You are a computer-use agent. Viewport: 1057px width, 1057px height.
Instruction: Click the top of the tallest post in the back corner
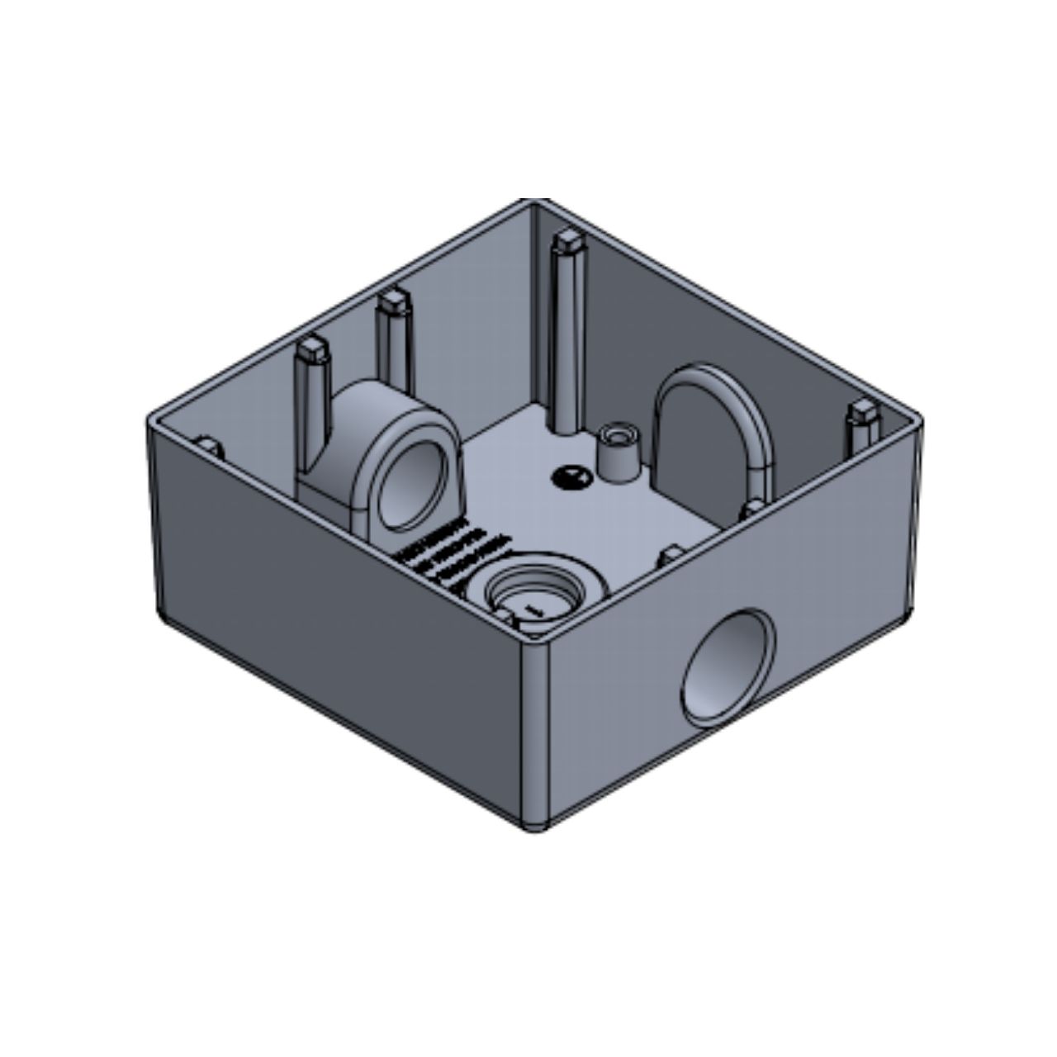(566, 242)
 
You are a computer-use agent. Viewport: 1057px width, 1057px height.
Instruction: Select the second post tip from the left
(391, 304)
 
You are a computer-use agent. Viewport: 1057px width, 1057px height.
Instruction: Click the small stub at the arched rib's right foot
(753, 506)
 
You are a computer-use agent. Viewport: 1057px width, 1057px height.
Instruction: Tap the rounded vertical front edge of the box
(538, 718)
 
